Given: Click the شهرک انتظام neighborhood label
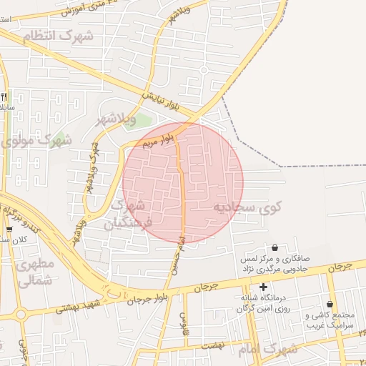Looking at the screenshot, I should point(59,36).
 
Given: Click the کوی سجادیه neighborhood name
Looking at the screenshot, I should point(247,207).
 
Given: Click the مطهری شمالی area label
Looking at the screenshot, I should point(33,272).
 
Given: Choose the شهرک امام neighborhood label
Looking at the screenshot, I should point(269,350).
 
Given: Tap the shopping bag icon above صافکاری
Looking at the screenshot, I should point(274,247).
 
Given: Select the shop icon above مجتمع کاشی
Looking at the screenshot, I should point(330,304).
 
